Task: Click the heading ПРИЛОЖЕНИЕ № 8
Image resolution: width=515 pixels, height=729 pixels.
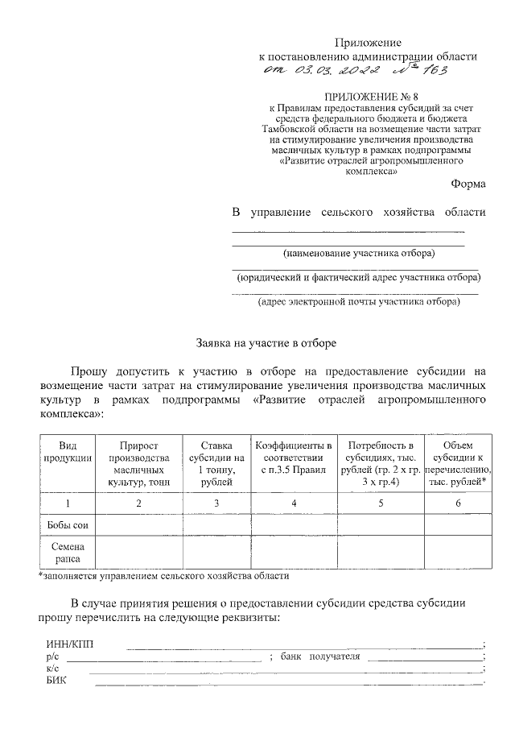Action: [369, 97]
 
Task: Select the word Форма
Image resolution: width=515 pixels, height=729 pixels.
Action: [468, 184]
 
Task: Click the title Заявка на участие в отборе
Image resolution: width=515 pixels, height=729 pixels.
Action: [266, 342]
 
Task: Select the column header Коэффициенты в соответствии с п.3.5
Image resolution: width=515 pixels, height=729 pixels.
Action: [294, 458]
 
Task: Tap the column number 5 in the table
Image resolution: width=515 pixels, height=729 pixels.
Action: [381, 503]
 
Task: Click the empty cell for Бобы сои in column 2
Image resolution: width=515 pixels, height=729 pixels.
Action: [139, 525]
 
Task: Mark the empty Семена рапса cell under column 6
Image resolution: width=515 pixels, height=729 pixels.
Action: [457, 552]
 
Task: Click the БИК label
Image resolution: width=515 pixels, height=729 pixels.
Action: [57, 681]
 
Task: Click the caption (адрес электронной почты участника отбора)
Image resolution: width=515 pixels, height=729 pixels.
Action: [358, 302]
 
